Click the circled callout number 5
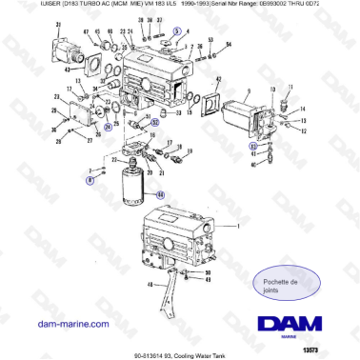(x=177, y=30)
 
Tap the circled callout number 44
(x=159, y=195)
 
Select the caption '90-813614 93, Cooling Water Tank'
(x=179, y=353)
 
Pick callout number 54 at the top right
(x=230, y=45)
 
